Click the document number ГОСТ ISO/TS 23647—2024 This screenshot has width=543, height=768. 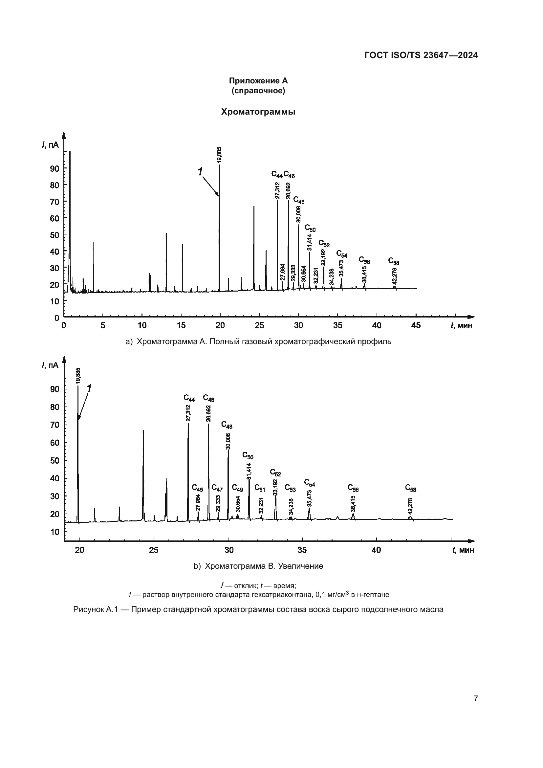[421, 55]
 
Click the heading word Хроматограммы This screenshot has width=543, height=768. [258, 112]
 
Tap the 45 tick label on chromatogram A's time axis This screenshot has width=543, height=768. [416, 325]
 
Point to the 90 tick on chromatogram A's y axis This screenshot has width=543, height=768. [54, 168]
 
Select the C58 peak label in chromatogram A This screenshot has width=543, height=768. [394, 261]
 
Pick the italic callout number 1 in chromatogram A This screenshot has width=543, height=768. [200, 172]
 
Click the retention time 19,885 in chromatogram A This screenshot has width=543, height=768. [219, 155]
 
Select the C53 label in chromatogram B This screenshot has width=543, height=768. [290, 488]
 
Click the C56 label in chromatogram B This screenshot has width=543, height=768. [353, 488]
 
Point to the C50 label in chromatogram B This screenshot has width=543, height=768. [248, 456]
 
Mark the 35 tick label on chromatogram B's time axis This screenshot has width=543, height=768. [302, 550]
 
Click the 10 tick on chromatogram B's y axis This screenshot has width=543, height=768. [54, 532]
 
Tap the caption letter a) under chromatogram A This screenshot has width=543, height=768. [129, 341]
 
